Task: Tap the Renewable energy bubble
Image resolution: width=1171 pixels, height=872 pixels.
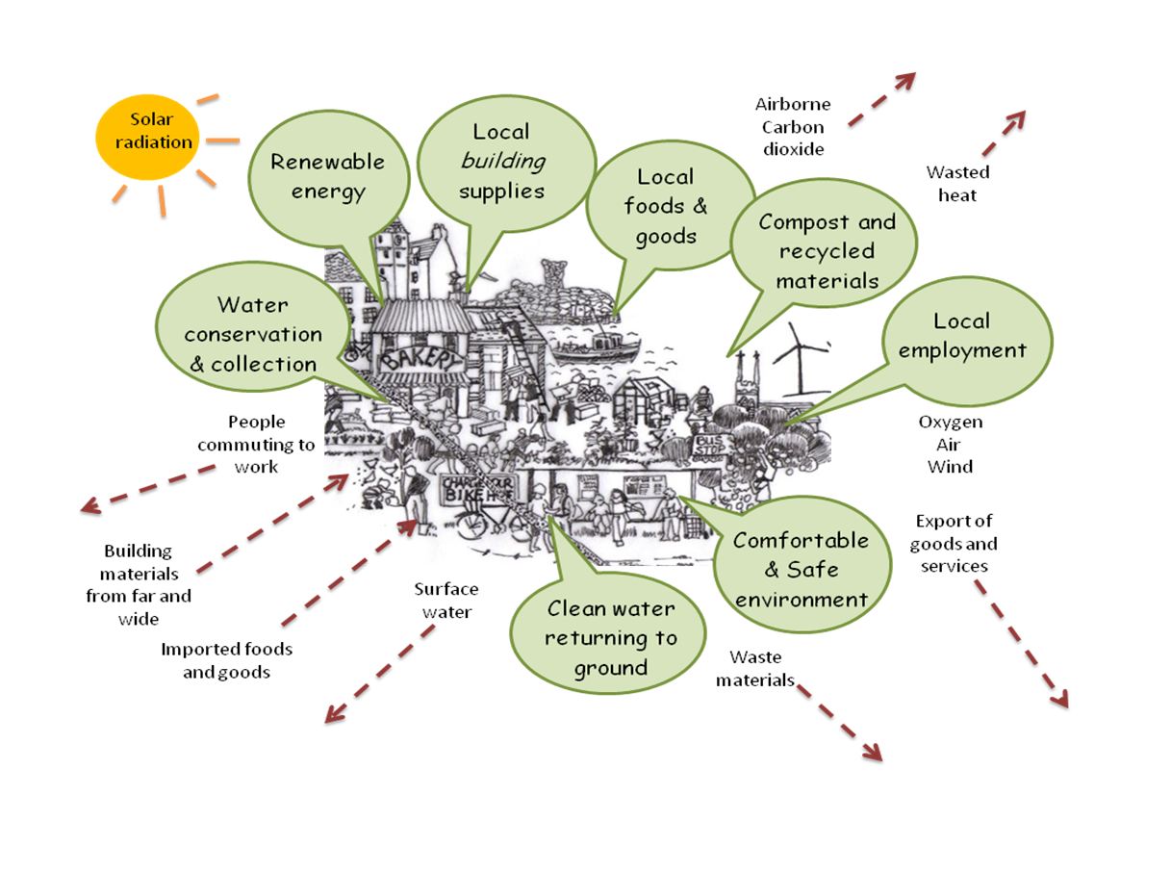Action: [326, 175]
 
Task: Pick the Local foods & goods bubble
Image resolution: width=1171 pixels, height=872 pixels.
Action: [665, 205]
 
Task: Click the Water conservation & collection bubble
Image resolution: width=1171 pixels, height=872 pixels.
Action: [253, 333]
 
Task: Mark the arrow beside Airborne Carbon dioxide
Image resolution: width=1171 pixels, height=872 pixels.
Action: [881, 98]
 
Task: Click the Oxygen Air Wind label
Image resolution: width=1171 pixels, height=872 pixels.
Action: [950, 445]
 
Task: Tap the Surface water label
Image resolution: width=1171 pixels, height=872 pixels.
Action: [445, 600]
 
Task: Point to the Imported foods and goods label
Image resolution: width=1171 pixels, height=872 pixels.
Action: [226, 660]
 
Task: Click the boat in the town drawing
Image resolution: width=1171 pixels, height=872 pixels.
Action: [595, 347]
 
